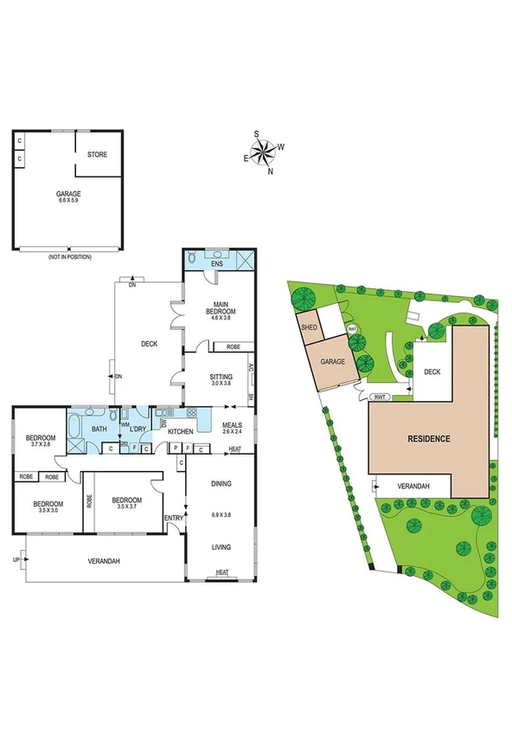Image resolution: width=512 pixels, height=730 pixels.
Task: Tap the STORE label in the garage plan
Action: pos(97,155)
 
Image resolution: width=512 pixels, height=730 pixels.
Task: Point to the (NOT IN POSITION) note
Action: pos(69,256)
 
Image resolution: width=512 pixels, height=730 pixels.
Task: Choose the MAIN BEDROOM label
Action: pos(220,310)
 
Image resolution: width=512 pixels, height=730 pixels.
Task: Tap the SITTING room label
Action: pos(221,379)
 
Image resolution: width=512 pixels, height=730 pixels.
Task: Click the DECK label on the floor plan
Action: pos(149,344)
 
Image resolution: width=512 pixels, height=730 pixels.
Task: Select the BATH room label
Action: pos(99,429)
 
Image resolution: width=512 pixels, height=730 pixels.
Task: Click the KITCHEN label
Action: pos(180,431)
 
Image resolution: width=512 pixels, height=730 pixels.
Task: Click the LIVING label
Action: pos(221,546)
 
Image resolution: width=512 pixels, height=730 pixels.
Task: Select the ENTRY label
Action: pos(174,518)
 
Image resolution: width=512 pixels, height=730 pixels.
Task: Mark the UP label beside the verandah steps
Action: pos(17,560)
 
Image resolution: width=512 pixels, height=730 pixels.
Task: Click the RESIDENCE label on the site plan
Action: pos(429,438)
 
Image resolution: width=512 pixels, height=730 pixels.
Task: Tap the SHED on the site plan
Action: pos(308,328)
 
